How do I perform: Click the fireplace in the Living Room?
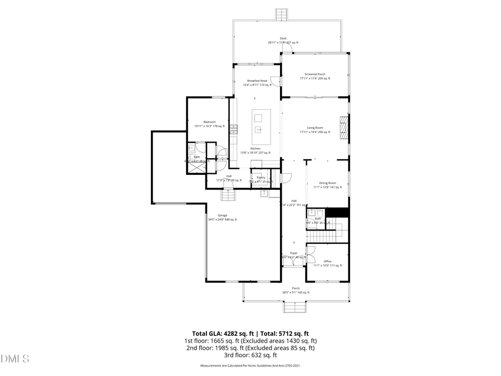coord(345,127)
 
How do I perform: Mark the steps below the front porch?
coord(295,307)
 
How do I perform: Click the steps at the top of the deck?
coord(283,14)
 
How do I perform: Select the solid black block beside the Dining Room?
coord(337,213)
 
